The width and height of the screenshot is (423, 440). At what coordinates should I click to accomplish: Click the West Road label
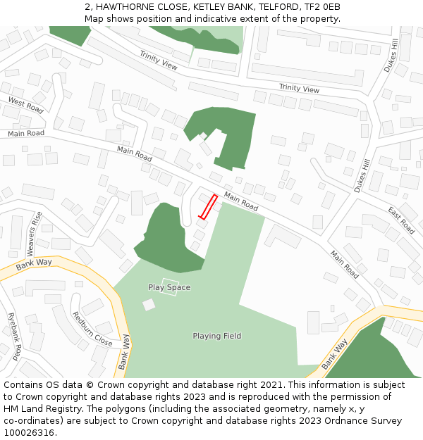point(25,106)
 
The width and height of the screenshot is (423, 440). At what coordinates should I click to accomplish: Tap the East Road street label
point(401,220)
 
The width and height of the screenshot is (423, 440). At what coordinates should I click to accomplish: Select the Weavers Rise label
point(33,234)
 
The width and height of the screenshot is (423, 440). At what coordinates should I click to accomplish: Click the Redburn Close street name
point(92,329)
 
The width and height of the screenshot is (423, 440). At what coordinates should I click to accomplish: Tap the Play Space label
point(169,287)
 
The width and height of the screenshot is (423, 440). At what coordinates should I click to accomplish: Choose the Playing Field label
point(217,336)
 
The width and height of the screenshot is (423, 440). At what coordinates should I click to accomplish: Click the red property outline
point(207,207)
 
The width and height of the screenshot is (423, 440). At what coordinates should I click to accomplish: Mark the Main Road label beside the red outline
point(241,202)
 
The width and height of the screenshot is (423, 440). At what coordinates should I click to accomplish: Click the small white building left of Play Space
point(149,305)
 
